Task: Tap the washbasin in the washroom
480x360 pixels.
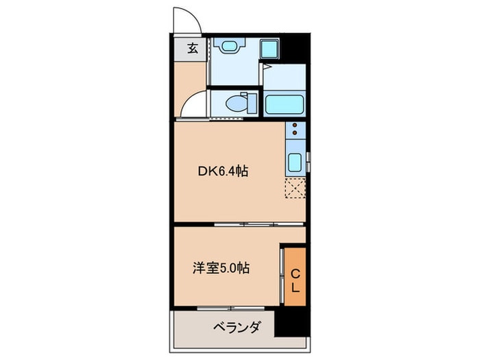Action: point(228,47)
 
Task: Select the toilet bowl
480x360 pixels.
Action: point(235,104)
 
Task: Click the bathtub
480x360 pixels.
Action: point(285,104)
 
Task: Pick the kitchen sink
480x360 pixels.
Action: point(295,164)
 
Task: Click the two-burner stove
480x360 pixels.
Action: point(295,130)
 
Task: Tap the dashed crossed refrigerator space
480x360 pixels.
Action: point(295,187)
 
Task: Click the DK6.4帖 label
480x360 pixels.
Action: point(223,172)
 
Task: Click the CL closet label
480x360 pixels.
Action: point(295,280)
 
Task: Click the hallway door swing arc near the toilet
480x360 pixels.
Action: point(195,104)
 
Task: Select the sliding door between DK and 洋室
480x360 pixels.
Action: point(247,224)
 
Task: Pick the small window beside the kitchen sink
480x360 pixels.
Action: point(308,163)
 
